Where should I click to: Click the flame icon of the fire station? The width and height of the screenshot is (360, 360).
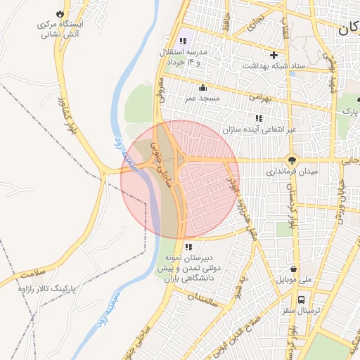[59, 13]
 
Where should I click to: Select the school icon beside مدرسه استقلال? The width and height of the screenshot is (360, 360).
[184, 41]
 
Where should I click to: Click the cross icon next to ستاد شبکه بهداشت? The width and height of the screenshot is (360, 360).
[274, 54]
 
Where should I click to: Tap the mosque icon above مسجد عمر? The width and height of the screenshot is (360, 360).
[203, 87]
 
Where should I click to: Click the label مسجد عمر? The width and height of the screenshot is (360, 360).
[203, 98]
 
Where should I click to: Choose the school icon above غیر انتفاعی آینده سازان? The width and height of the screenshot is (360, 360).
[259, 118]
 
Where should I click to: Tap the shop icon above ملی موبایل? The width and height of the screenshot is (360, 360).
[293, 269]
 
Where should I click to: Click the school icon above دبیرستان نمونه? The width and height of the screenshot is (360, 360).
[188, 247]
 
